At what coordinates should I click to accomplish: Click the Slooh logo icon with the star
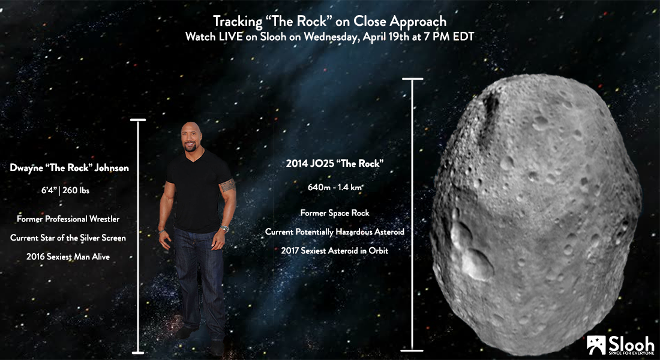pos(596,345)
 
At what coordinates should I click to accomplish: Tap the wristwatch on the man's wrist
pos(224,229)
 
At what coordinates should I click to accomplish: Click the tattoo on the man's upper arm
pos(227,185)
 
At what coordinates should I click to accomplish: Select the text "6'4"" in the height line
pos(49,190)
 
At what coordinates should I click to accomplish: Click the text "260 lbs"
pos(76,190)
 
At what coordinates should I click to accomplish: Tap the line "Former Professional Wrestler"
pos(68,219)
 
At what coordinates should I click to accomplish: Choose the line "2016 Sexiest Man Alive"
pos(68,256)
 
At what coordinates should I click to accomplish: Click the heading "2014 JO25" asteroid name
pos(311,163)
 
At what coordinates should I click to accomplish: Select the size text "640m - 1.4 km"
pos(335,187)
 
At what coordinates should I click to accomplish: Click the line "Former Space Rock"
pos(335,213)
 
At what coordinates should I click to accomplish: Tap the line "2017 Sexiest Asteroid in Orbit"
pos(335,251)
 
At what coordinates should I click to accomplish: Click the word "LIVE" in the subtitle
pos(230,37)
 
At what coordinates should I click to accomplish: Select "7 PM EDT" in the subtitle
pos(449,37)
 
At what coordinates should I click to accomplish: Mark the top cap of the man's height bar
pos(138,120)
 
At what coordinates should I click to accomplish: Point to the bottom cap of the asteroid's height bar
pos(412,350)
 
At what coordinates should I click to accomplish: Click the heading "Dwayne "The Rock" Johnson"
pos(70,167)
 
